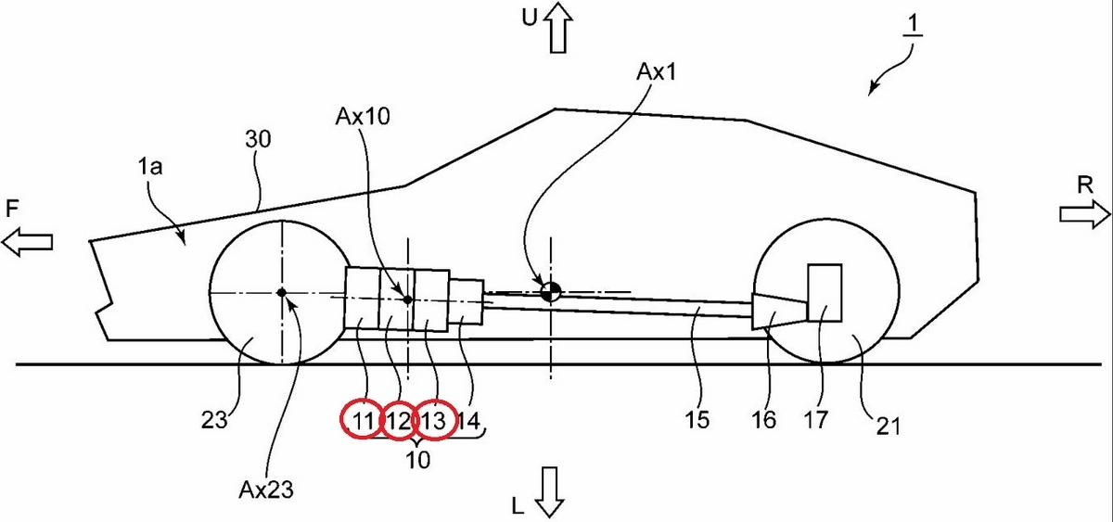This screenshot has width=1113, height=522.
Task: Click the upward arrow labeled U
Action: pos(558,26)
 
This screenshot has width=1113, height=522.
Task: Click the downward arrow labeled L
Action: pos(549,490)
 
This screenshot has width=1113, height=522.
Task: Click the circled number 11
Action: pos(362,421)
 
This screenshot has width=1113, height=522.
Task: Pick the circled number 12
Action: pos(399,421)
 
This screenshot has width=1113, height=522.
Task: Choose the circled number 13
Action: pos(434,421)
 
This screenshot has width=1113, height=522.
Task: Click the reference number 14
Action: pos(469,421)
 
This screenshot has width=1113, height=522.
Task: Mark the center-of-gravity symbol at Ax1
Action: pos(551,291)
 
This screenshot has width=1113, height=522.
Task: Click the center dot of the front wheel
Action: pos(281,292)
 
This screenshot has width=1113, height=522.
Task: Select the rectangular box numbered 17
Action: pos(825,292)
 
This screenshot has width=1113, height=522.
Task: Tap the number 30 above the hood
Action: pos(259,140)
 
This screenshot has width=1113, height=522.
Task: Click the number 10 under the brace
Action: pos(417,461)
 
